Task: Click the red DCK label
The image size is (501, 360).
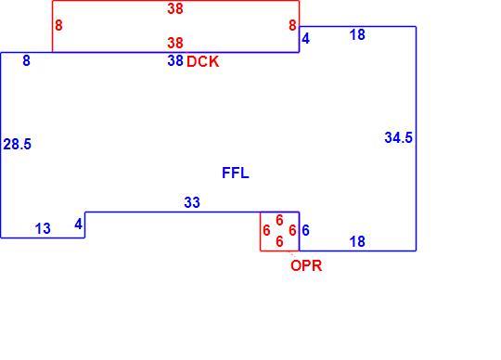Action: (x=203, y=61)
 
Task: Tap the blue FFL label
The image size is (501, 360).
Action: (x=236, y=174)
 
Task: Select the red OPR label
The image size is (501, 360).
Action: (x=306, y=265)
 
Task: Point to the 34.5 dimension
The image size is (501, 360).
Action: (x=398, y=137)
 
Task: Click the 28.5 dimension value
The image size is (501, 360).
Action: (x=18, y=144)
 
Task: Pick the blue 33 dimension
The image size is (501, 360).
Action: (x=192, y=202)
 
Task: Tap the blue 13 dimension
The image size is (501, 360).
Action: (x=43, y=229)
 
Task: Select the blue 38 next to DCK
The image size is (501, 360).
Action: (x=175, y=60)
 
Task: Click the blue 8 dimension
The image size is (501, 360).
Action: (x=27, y=60)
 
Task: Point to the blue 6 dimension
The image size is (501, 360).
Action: (x=305, y=230)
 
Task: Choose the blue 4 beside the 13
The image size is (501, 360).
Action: (x=78, y=225)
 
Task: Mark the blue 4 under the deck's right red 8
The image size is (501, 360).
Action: (x=305, y=39)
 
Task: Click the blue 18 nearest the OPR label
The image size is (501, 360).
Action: (x=357, y=242)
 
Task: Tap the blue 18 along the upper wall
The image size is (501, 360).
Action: (x=357, y=35)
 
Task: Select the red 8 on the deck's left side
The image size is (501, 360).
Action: (x=58, y=25)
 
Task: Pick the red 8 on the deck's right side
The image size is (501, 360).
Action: (x=292, y=25)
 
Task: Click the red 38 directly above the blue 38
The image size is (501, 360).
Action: (x=175, y=43)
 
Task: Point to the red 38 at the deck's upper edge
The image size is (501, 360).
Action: (x=175, y=8)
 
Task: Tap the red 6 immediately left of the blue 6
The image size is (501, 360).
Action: (x=292, y=230)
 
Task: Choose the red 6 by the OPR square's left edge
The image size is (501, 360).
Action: (x=266, y=230)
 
